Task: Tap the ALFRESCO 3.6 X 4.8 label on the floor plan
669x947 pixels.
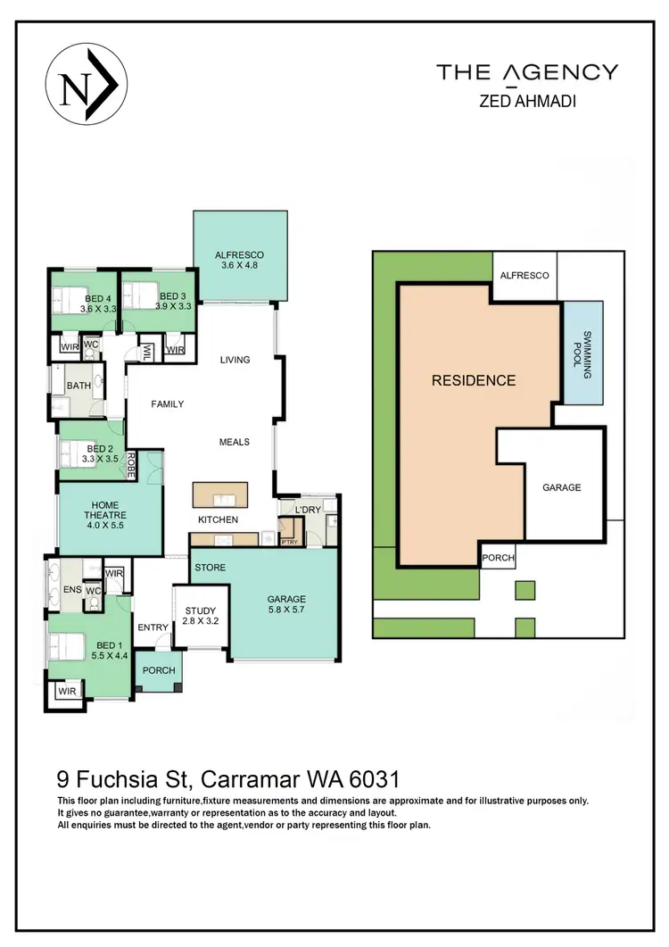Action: point(239,260)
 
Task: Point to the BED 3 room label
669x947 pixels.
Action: point(173,301)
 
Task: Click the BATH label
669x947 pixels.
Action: point(78,386)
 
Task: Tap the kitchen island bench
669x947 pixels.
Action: point(220,494)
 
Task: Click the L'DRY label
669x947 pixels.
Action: point(308,510)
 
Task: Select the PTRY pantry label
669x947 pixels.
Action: point(289,542)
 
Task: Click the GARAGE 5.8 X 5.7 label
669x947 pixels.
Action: point(286,605)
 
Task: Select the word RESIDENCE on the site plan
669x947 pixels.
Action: point(473,380)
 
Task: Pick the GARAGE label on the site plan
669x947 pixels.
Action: point(561,487)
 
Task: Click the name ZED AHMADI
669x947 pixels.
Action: point(526,101)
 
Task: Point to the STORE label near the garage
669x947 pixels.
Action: point(210,568)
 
